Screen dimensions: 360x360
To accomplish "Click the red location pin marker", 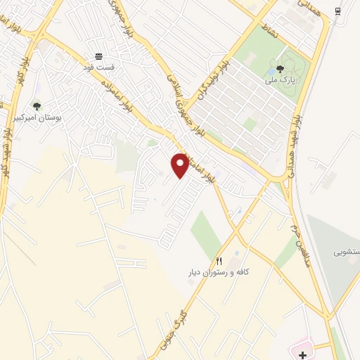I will click(x=180, y=165).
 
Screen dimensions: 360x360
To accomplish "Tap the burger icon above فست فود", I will click(x=98, y=56).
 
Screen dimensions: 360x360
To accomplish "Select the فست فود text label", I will click(x=98, y=67).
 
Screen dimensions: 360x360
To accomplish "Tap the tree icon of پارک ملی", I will click(x=280, y=69).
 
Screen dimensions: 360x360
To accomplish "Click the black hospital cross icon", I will click(x=302, y=356).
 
